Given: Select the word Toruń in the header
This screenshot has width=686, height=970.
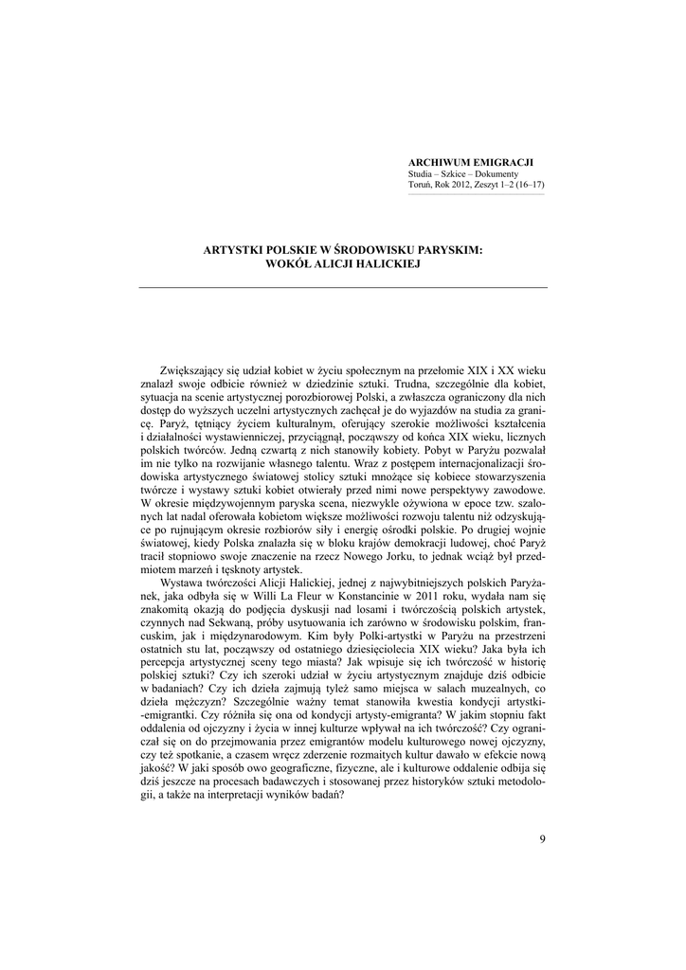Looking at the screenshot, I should tap(419, 186).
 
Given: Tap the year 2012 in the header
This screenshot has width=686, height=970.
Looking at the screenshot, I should tap(461, 186).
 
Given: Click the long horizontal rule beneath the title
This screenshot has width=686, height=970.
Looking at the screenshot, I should tap(343, 287).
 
